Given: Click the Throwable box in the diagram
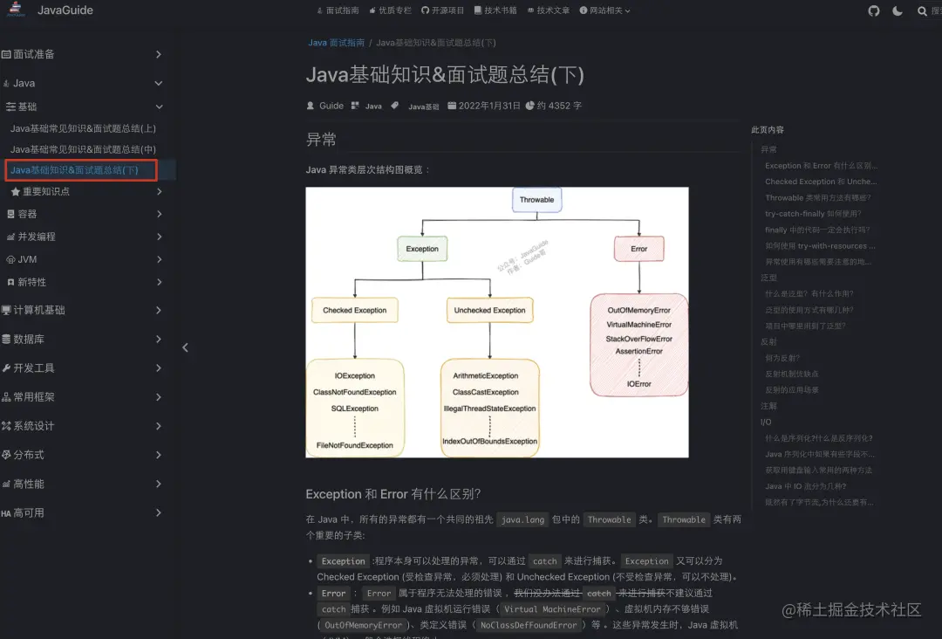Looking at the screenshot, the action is click(x=536, y=200).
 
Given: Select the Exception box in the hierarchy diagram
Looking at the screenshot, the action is click(x=422, y=249).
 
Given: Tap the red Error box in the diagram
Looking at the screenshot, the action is click(x=639, y=249).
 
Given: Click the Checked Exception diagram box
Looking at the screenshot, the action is click(x=354, y=310).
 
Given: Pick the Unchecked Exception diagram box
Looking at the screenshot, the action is click(x=489, y=310).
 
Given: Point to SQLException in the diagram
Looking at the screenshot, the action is click(x=355, y=409).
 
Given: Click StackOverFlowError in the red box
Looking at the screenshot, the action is click(x=639, y=339).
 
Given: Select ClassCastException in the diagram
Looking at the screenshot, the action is click(x=486, y=392).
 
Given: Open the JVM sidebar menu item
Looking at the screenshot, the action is click(x=27, y=259).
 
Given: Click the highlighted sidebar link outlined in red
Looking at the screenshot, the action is click(x=81, y=170).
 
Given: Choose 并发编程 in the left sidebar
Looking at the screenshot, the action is click(x=37, y=237).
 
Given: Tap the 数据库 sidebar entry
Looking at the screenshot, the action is click(x=29, y=339).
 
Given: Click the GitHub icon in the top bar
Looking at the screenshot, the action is click(x=874, y=10).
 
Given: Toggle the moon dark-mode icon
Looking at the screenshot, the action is click(x=898, y=10).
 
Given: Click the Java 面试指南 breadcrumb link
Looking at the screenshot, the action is click(x=336, y=43).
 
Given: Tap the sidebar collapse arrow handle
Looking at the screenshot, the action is click(x=185, y=347).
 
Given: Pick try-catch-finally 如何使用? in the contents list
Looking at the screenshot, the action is click(x=812, y=214).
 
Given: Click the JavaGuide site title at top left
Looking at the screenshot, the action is click(x=65, y=10).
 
